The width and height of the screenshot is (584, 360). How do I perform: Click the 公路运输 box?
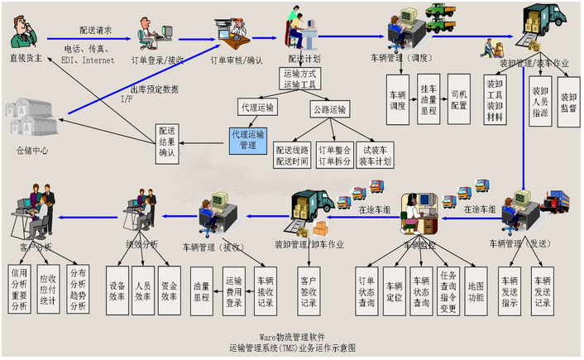[330, 108]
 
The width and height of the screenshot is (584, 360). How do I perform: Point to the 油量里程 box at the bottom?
[201, 290]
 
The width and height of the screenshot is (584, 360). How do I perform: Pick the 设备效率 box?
[117, 290]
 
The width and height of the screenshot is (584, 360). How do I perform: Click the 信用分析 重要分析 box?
[19, 290]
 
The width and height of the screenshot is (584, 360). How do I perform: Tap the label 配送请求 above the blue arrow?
[96, 30]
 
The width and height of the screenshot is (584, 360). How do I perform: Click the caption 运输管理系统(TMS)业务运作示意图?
[293, 348]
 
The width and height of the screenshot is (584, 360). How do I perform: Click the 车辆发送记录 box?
[542, 290]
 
